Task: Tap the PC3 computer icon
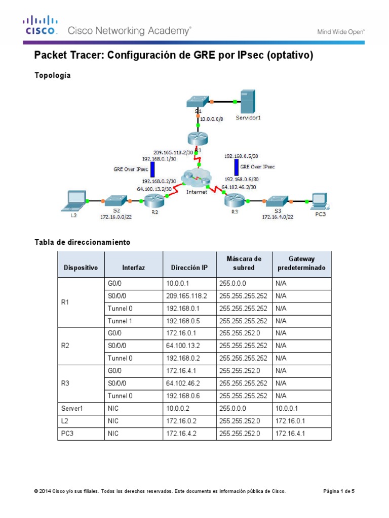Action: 319,201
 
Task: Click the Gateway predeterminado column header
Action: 301,264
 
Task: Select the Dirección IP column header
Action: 189,268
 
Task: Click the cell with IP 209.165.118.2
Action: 189,296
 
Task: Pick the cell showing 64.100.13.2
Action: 189,346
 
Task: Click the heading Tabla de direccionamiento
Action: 82,242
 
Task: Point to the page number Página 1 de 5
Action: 342,491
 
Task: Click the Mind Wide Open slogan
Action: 341,31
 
